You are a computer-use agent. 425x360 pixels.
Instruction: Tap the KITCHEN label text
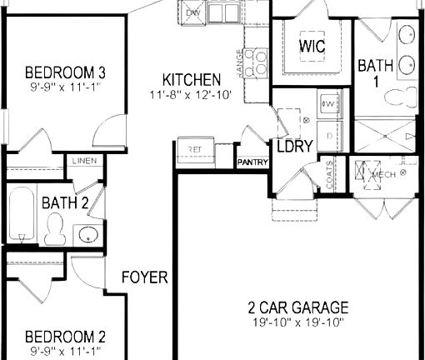pyautogui.click(x=192, y=80)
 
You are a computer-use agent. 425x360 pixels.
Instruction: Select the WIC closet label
pyautogui.click(x=312, y=45)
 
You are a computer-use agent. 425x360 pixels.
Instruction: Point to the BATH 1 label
pyautogui.click(x=370, y=73)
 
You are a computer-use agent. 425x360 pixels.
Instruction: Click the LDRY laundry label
pyautogui.click(x=294, y=146)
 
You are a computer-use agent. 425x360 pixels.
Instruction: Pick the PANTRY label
pyautogui.click(x=252, y=162)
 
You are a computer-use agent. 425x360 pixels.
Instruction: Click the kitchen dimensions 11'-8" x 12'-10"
pyautogui.click(x=192, y=94)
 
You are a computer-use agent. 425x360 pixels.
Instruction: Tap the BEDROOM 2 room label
pyautogui.click(x=65, y=337)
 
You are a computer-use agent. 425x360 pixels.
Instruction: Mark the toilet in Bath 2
pyautogui.click(x=56, y=227)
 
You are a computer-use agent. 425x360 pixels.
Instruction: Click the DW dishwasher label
pyautogui.click(x=192, y=13)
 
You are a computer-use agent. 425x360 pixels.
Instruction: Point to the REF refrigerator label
pyautogui.click(x=195, y=149)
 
